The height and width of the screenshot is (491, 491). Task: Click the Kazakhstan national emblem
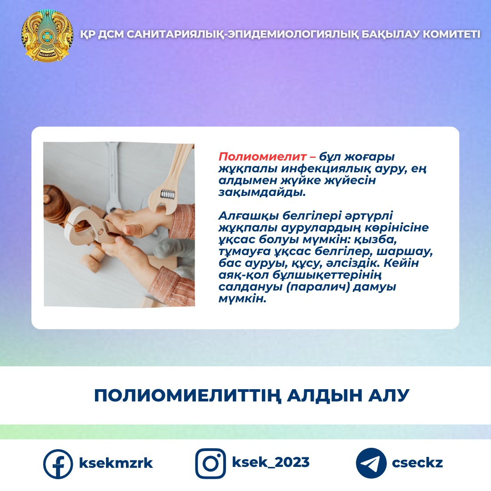[47, 36]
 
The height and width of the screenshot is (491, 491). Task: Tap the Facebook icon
[58, 464]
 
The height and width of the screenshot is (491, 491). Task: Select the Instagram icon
[210, 463]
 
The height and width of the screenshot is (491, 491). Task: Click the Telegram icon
[371, 463]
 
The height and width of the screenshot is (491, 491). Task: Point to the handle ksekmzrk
[116, 463]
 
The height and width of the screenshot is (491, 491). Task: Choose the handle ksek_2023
[271, 462]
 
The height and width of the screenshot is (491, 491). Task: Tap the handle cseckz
[417, 463]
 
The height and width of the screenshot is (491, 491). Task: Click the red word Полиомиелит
[262, 156]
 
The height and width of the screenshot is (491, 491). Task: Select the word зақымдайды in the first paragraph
[262, 192]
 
